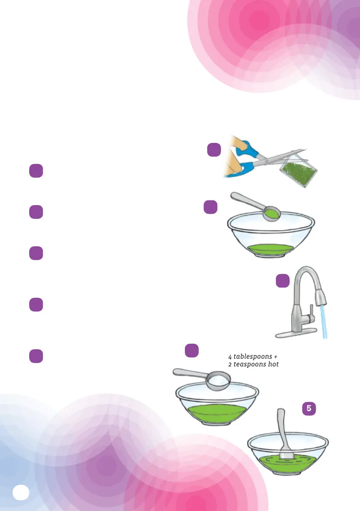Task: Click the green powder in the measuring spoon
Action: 270,212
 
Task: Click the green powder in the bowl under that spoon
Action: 270,249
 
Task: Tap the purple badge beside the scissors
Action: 214,150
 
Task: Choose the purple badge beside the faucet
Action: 282,281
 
